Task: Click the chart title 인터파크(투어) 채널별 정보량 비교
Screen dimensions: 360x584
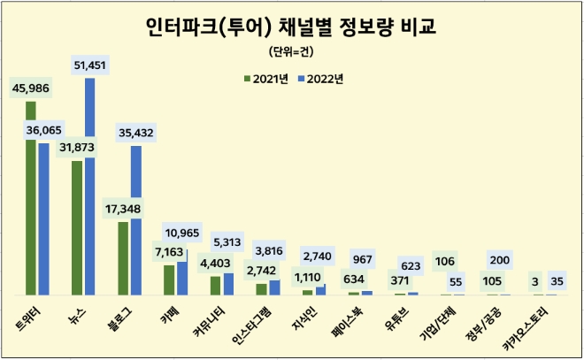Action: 291,28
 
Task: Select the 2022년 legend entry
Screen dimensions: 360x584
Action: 319,79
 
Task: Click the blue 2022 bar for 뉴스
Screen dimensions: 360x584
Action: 89,187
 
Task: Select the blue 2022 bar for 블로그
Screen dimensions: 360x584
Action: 135,220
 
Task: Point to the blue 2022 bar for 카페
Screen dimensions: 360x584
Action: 181,272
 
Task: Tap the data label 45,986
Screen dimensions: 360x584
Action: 31,87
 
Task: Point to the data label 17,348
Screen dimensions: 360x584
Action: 123,208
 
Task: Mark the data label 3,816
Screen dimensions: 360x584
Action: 274,249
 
